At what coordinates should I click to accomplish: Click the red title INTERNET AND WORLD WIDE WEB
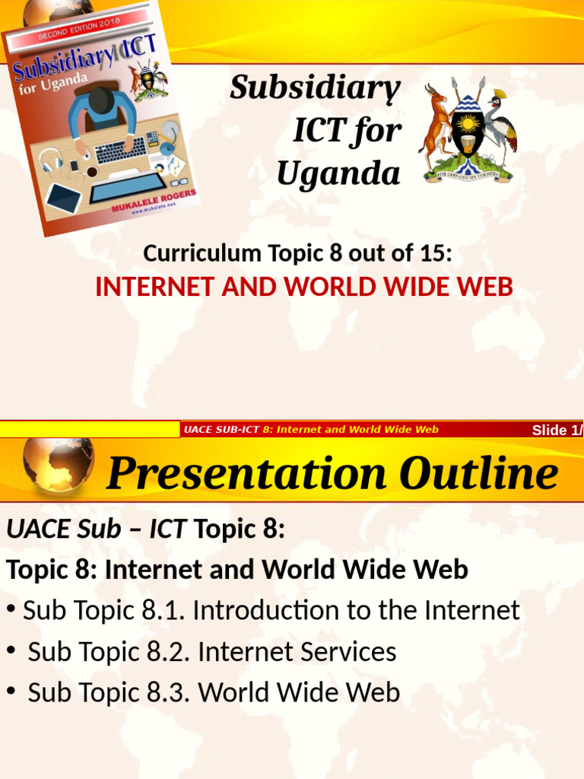[304, 288]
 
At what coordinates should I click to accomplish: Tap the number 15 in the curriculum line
[430, 253]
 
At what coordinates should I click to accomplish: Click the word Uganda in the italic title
[338, 173]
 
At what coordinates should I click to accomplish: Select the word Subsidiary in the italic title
[316, 87]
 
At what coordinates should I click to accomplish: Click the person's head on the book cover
[101, 100]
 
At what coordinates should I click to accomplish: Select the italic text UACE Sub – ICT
[97, 529]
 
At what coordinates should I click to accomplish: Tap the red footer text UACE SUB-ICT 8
[221, 430]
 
